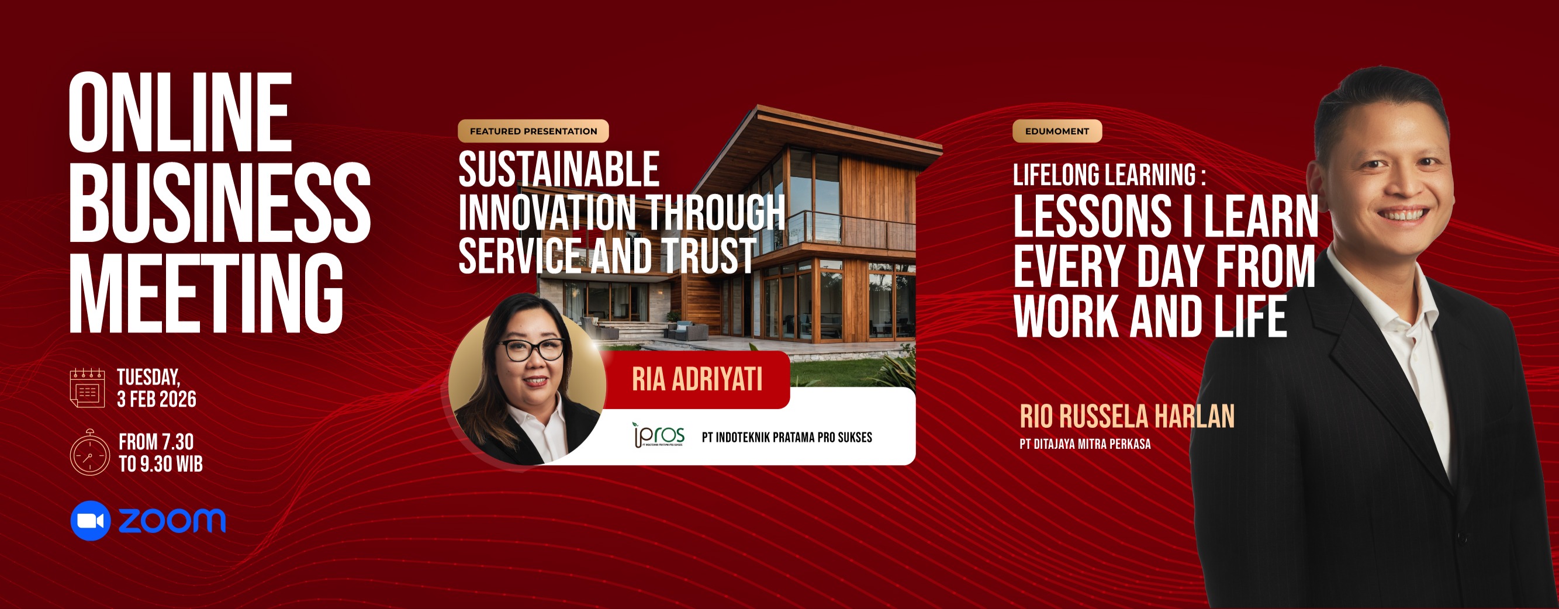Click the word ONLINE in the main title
[x=181, y=113]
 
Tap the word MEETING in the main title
[x=206, y=293]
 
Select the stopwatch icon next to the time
[x=89, y=452]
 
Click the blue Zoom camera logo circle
[x=91, y=521]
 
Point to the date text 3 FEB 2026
[x=157, y=400]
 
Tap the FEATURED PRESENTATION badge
[x=533, y=132]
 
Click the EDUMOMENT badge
[x=1057, y=132]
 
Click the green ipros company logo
[x=658, y=435]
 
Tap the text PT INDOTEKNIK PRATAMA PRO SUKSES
[x=787, y=437]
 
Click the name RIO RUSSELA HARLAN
[x=1127, y=417]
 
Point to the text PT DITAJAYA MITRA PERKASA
[x=1085, y=444]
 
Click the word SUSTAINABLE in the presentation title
[x=559, y=169]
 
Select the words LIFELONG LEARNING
[x=1104, y=175]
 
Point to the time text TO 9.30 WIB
[x=161, y=464]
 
